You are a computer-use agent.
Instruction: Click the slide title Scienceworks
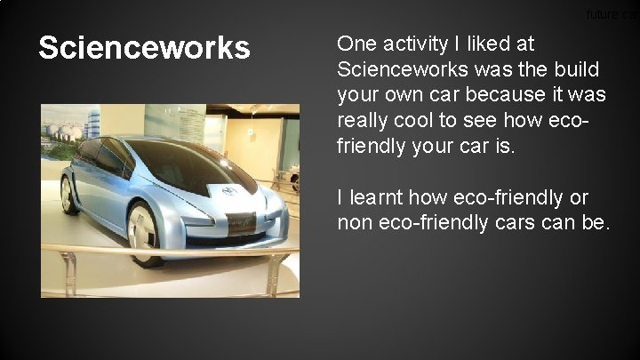(144, 48)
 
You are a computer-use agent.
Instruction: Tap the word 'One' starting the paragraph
(357, 44)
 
